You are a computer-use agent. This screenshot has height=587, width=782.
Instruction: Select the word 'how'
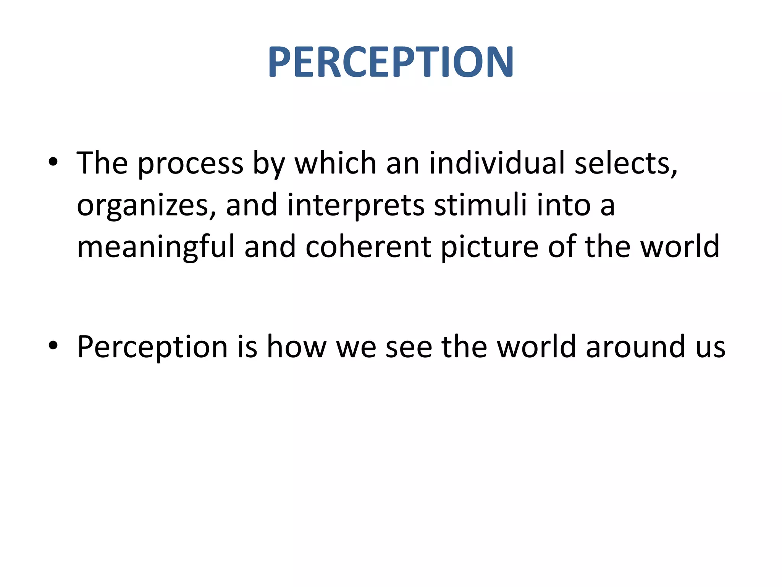tap(296, 347)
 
